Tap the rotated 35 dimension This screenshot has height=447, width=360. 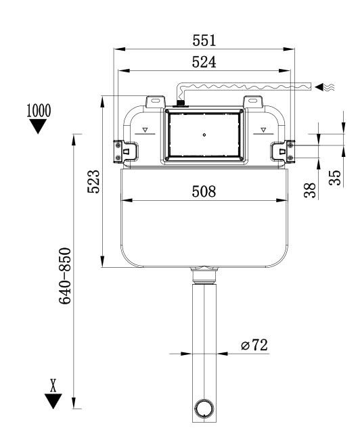(333, 177)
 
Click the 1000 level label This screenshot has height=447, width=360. (38, 111)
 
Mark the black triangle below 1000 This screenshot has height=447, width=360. (38, 127)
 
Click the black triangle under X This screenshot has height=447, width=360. (52, 401)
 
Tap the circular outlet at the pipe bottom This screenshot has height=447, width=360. (204, 408)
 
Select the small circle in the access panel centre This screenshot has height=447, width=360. (204, 135)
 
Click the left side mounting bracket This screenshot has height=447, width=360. (119, 150)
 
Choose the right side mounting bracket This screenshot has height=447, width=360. (288, 150)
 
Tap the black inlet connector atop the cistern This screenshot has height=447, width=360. (181, 104)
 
